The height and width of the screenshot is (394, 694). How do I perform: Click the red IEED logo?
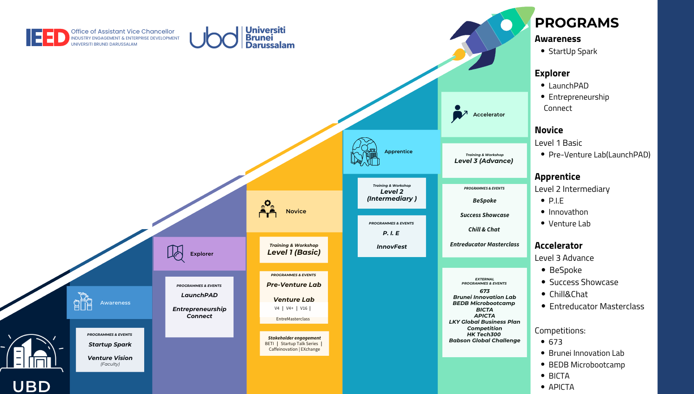[x=47, y=38]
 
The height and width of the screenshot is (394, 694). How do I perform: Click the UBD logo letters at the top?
[x=214, y=38]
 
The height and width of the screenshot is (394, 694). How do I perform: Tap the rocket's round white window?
[x=507, y=25]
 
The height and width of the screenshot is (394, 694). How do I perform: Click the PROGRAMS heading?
[x=577, y=23]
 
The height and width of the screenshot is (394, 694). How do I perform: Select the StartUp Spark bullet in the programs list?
[x=572, y=51]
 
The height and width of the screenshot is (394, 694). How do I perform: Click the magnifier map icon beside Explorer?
[x=175, y=253]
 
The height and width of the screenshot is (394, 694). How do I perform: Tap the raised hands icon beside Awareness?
[x=83, y=302]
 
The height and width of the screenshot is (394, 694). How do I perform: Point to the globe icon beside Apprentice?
[x=365, y=151]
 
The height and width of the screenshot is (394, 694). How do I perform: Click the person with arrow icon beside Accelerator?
[x=459, y=114]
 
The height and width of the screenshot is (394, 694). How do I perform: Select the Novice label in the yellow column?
[x=296, y=211]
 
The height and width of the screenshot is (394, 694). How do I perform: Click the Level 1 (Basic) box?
[x=294, y=250]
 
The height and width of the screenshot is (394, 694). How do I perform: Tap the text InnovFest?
[x=392, y=247]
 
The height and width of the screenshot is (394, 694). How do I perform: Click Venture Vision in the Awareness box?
[x=110, y=358]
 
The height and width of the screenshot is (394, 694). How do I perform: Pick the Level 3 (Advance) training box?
[x=484, y=160]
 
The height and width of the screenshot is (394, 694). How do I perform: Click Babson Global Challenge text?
[x=484, y=340]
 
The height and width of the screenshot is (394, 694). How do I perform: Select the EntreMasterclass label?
[x=293, y=319]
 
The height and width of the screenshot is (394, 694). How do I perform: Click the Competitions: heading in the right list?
[x=560, y=331]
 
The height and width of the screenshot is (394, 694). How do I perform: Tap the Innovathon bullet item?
[x=568, y=212]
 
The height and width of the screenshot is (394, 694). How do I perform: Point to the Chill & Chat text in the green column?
[x=484, y=230]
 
